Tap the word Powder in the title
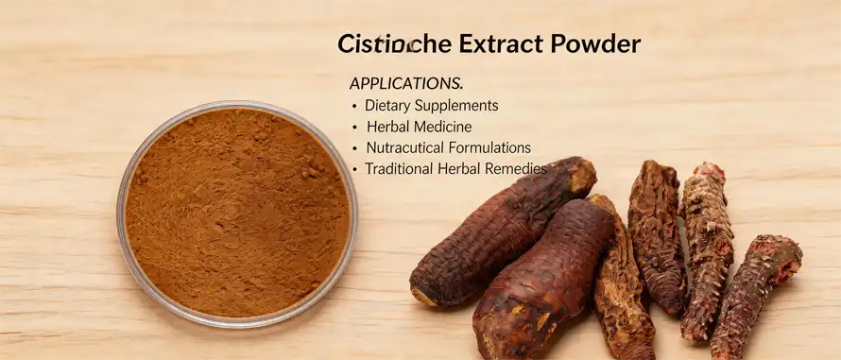point(594,44)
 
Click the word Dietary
point(390,106)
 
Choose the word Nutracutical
point(407,148)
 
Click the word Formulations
point(491,148)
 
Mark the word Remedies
point(518,169)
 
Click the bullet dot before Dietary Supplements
point(354,107)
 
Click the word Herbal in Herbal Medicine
point(388,127)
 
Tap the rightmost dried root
point(756,293)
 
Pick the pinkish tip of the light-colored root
point(709,174)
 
